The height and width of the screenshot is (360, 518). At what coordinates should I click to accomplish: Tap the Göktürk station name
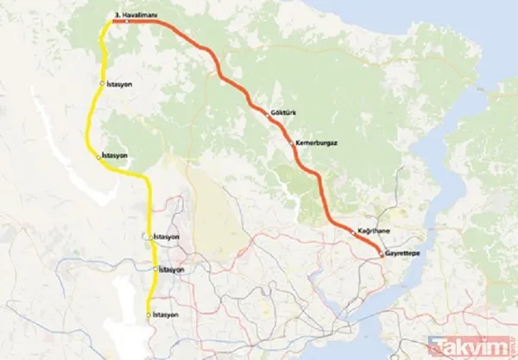[x=283, y=112]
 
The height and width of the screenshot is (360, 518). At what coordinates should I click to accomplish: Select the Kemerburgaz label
[x=314, y=141]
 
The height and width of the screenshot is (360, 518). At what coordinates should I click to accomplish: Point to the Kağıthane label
[x=372, y=231]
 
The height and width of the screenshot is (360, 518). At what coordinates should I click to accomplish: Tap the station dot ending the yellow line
[x=149, y=313]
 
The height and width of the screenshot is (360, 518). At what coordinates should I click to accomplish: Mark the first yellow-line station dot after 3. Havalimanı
[x=104, y=84]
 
